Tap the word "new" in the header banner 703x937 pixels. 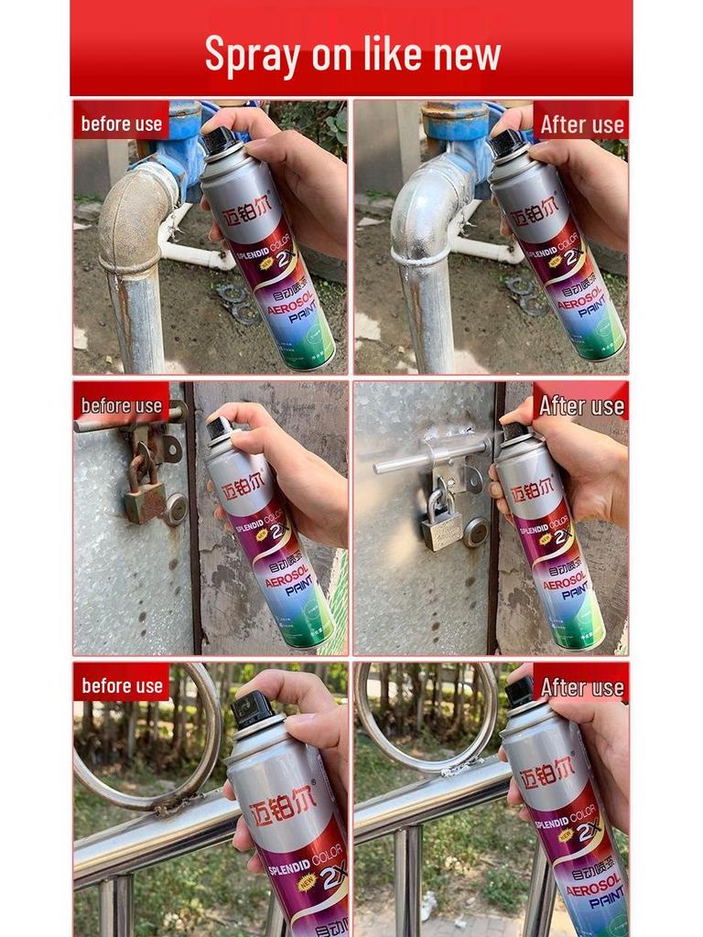click(x=467, y=54)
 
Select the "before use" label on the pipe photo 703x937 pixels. click(x=121, y=124)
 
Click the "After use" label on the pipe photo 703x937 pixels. click(x=581, y=124)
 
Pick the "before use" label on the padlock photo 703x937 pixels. click(x=121, y=404)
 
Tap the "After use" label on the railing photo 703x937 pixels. click(x=581, y=686)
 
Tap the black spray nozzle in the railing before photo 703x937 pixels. click(x=252, y=709)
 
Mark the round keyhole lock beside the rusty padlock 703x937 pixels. click(x=175, y=509)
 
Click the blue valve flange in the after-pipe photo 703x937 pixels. click(x=455, y=124)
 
